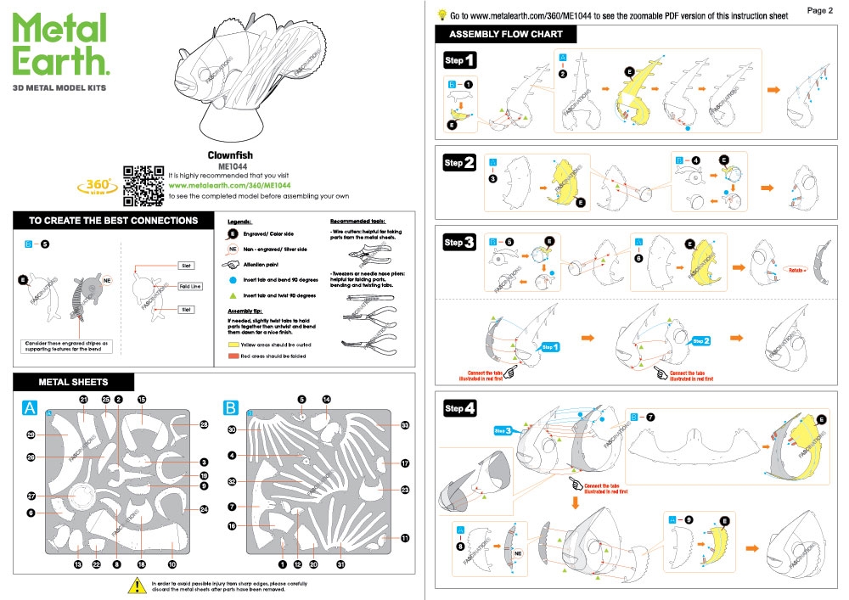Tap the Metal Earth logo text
point(60,46)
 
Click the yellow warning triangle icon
point(135,585)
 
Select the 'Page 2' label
point(820,10)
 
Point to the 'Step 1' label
point(459,60)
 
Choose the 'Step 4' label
point(459,408)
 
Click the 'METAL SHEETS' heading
point(73,382)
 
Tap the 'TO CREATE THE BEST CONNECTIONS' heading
point(113,221)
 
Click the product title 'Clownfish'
point(230,156)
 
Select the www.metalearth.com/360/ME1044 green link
point(230,185)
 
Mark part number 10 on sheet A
point(171,564)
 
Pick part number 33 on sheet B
point(405,425)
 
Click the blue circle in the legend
point(232,278)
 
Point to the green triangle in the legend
point(232,295)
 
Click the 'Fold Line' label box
point(189,287)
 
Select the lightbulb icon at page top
point(441,14)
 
